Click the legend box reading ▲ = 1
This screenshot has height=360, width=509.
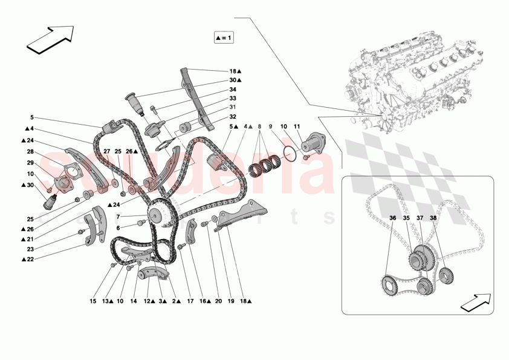[x=224, y=38]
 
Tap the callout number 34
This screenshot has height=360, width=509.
[x=233, y=89]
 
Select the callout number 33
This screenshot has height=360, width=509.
[x=233, y=98]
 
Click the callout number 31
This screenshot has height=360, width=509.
[x=233, y=107]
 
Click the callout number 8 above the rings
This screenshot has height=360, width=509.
[x=260, y=127]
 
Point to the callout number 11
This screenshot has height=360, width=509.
[x=297, y=127]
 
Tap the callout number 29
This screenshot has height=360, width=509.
[x=30, y=163]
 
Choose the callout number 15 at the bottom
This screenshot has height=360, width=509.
[x=93, y=301]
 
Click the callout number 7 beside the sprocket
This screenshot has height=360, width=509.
[x=118, y=216]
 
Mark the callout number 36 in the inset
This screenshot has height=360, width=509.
[x=392, y=218]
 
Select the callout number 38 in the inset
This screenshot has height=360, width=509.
[x=433, y=218]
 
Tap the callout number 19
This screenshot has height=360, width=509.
[x=231, y=301]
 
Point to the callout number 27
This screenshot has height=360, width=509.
[x=106, y=152]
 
